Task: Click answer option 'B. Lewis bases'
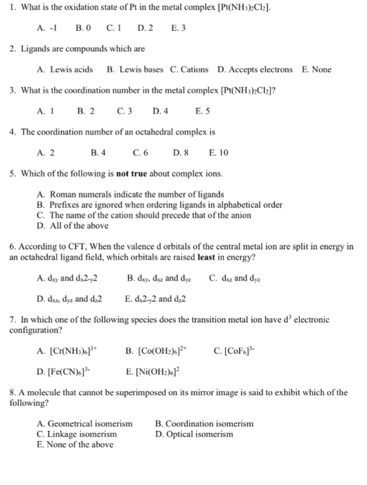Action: (x=136, y=70)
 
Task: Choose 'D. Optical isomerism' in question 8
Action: (x=195, y=434)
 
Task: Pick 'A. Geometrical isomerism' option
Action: (x=84, y=423)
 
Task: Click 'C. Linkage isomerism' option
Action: (x=77, y=434)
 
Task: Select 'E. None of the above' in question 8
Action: (x=75, y=445)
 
